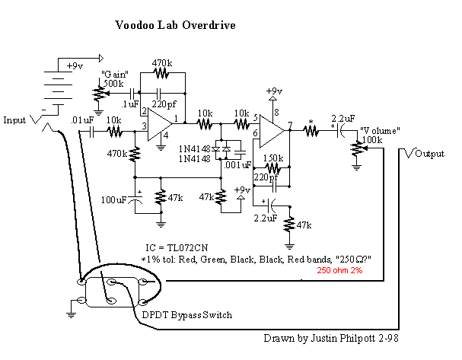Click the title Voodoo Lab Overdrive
[x=175, y=24]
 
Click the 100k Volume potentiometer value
[x=373, y=139]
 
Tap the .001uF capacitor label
[x=239, y=164]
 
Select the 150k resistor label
[x=273, y=158]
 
